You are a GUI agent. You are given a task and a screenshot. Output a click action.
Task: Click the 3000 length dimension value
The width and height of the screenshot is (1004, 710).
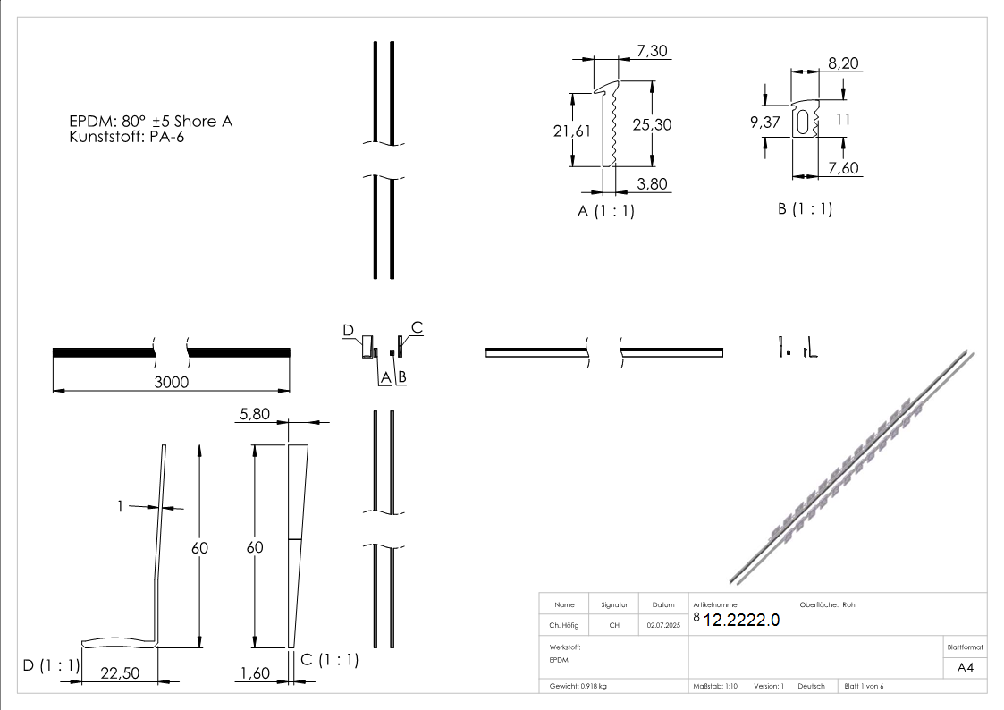[170, 381]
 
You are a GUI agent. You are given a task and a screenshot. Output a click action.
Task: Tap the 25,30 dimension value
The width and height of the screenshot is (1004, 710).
[652, 125]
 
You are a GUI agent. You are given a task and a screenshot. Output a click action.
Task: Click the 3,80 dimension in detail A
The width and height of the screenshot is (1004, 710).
[653, 183]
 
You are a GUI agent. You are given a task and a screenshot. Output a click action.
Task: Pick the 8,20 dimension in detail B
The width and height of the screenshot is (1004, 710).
[845, 63]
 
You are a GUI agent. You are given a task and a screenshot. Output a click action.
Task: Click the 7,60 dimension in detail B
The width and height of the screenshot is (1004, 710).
[844, 167]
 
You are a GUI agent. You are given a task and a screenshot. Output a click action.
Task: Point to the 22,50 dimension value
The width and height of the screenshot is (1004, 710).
[119, 673]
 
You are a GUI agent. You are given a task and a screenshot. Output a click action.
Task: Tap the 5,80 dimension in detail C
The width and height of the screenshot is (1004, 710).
[254, 414]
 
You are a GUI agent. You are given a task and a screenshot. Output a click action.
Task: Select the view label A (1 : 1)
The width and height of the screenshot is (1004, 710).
[606, 212]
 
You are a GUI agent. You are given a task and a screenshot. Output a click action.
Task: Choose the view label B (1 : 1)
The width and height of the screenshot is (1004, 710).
[805, 209]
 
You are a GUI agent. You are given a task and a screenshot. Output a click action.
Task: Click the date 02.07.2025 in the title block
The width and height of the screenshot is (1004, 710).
[662, 626]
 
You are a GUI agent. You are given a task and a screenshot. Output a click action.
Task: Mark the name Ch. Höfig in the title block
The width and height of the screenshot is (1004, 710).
[564, 626]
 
